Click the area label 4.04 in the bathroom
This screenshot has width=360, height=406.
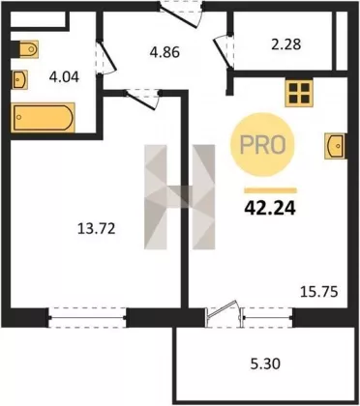click(x=64, y=77)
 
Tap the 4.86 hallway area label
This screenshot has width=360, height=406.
click(x=165, y=52)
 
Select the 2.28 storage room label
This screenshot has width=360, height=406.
click(x=286, y=44)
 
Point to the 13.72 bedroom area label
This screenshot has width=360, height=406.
click(x=96, y=229)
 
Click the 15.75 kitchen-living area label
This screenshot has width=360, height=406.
click(x=319, y=292)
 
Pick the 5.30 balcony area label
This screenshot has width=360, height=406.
click(x=265, y=363)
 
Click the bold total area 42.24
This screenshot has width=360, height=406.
click(x=270, y=209)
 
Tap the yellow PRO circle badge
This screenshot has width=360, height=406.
click(x=262, y=145)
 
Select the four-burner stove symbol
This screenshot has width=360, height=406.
click(x=299, y=93)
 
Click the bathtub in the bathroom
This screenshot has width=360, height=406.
click(x=44, y=118)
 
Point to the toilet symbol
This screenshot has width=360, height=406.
click(x=25, y=49)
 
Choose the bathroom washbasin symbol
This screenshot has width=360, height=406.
click(x=19, y=79)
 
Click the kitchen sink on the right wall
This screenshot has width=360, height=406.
click(x=336, y=146)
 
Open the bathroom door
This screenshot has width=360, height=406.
click(x=106, y=57)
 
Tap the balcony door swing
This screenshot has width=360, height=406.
click(x=224, y=313)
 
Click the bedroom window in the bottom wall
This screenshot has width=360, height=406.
click(x=87, y=318)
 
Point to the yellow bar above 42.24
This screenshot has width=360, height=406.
click(x=270, y=190)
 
